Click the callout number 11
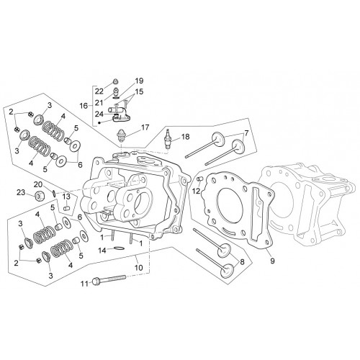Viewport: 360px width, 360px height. click(x=84, y=284)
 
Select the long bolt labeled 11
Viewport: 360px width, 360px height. click(x=109, y=280)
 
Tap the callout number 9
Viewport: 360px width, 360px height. click(x=272, y=261)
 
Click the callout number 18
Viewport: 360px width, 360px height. click(x=186, y=137)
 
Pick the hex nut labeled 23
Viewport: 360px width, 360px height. click(x=37, y=196)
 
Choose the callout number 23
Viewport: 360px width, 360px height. click(x=21, y=192)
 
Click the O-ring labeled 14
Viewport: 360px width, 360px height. click(x=119, y=248)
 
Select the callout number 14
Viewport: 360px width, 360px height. click(x=102, y=251)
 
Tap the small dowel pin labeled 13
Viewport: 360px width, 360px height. click(x=66, y=208)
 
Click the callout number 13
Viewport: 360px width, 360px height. click(x=66, y=197)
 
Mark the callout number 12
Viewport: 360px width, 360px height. click(x=196, y=191)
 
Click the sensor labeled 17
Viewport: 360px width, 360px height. click(x=121, y=136)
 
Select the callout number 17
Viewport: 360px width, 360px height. click(x=145, y=127)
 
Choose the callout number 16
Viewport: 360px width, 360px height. click(x=84, y=106)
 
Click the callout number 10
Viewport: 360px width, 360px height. click(x=139, y=267)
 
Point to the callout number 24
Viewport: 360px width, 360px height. click(x=99, y=114)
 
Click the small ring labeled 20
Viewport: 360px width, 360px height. click(x=54, y=193)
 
